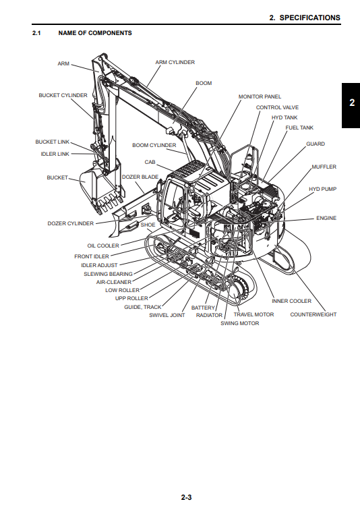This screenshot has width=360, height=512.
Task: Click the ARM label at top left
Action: pos(63,63)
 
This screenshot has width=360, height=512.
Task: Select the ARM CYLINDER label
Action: pos(175,62)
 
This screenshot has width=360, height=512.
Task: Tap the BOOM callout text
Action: pos(204,84)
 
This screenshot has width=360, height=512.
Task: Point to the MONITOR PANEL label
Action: pos(260,96)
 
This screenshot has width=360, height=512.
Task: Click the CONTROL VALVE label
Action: pos(277,107)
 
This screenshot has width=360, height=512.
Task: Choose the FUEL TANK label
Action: pos(299,127)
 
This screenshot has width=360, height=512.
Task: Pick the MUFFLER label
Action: pos(324,167)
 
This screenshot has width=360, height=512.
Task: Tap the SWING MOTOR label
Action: pos(239,323)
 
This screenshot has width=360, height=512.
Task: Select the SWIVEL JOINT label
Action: pos(167,315)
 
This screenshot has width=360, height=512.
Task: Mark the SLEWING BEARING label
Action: pos(108,274)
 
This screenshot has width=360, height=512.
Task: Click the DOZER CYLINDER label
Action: pos(71,223)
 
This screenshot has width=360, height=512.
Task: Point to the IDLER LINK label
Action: pos(55,154)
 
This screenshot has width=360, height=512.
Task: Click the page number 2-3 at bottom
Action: pos(187,498)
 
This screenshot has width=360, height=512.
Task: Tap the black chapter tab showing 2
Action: pos(351,104)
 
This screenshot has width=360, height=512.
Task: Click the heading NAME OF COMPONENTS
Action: pos(95,33)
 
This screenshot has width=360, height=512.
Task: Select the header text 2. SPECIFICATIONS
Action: pos(305,18)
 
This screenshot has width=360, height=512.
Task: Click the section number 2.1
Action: pos(37,33)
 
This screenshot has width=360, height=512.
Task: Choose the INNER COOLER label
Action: pos(291,301)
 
